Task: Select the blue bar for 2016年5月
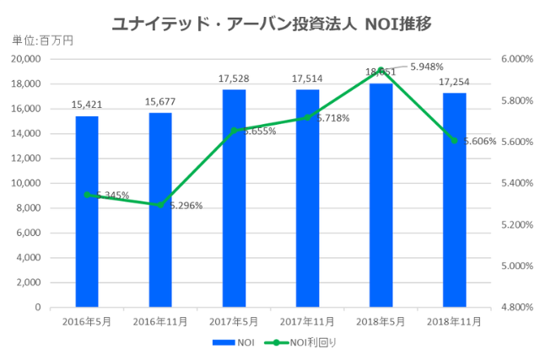click(86, 211)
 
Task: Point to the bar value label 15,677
click(160, 103)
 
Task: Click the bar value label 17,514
click(307, 79)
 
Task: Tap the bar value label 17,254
click(454, 83)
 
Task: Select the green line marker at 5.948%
click(381, 70)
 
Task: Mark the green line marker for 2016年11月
click(160, 205)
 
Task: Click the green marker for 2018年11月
click(454, 141)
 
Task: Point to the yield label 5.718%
click(332, 118)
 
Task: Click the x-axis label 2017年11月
click(307, 321)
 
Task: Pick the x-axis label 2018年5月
click(381, 321)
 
